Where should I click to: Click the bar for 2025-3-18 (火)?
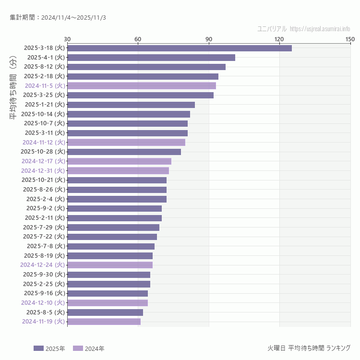tap(179, 48)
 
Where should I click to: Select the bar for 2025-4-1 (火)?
tap(151, 58)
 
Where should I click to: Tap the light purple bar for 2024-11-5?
tap(142, 86)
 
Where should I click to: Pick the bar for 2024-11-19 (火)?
tap(104, 322)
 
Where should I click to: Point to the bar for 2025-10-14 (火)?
tap(129, 114)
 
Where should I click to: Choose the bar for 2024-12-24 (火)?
tap(110, 265)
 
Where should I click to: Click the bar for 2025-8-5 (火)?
tap(105, 312)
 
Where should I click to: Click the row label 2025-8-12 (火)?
tap(44, 67)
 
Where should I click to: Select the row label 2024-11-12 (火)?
tap(43, 143)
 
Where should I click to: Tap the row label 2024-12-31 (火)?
tap(43, 171)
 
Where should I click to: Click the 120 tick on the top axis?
tap(279, 39)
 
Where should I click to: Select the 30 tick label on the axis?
tap(67, 39)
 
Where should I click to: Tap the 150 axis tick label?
tap(350, 39)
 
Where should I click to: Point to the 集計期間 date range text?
tap(58, 17)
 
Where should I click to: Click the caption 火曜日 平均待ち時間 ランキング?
tap(309, 348)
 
